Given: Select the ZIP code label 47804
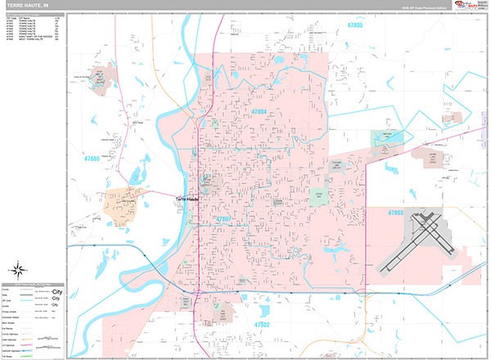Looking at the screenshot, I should (259, 110).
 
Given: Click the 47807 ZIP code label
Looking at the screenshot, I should (224, 219).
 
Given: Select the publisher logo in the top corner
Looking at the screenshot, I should (470, 6).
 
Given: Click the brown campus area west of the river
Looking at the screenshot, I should (100, 79).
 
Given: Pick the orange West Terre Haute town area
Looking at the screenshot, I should (123, 207).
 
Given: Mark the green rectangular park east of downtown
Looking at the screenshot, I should (319, 196).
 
